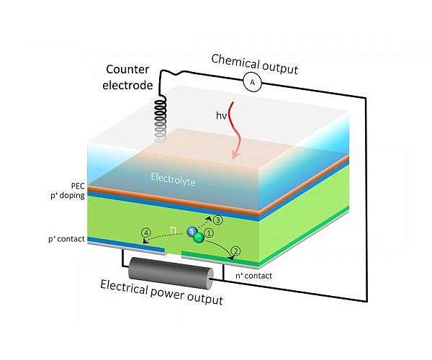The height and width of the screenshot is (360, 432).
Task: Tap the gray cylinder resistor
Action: (x=167, y=270)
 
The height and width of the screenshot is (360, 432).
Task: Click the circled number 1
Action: (x=210, y=234)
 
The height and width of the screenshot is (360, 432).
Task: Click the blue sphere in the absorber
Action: (x=192, y=231)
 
